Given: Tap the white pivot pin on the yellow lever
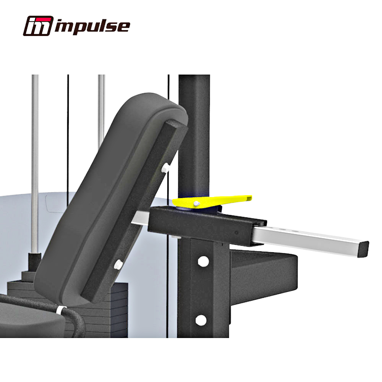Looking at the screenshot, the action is click(x=196, y=203).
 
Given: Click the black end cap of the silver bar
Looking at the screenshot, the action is click(x=364, y=249).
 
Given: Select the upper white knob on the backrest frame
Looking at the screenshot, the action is click(x=166, y=168).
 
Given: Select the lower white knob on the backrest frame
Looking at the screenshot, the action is click(x=118, y=264).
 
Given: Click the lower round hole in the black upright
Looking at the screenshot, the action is click(x=201, y=320).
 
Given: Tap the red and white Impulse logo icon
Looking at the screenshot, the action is click(x=38, y=26).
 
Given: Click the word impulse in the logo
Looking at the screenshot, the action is click(x=92, y=27).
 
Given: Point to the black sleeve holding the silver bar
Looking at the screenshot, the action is click(x=207, y=225).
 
